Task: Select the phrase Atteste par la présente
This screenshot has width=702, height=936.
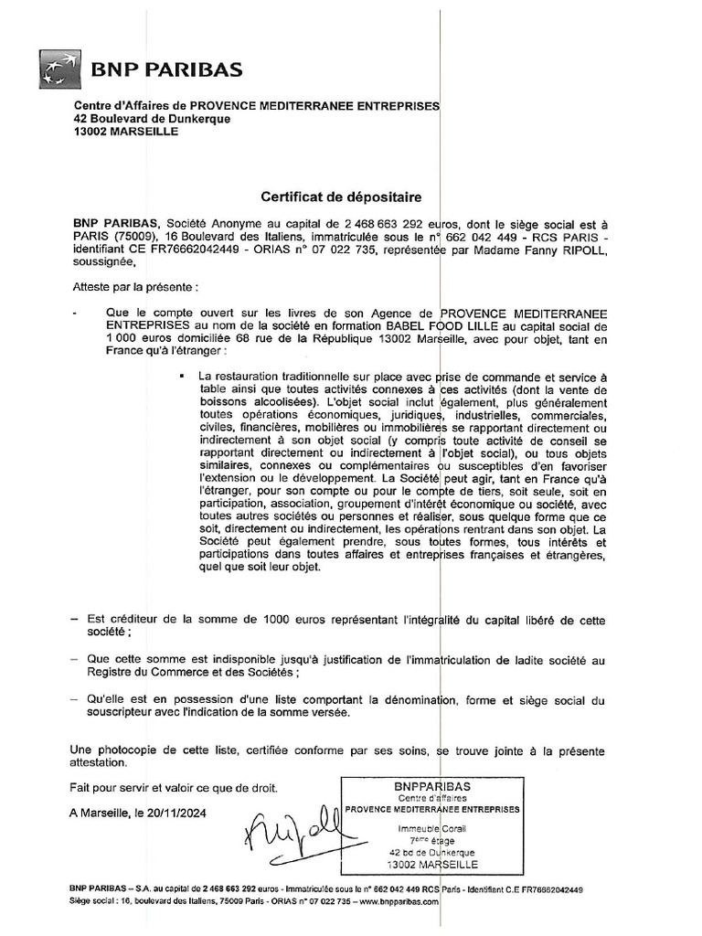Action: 134,287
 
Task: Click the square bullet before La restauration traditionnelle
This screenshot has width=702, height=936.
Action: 183,377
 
